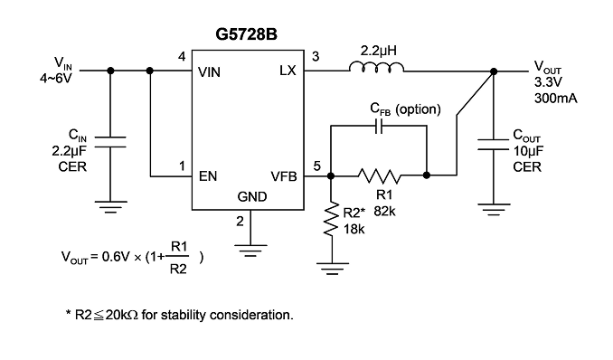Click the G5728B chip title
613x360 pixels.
[246, 34]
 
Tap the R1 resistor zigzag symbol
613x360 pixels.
[379, 175]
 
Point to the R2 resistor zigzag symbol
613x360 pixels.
[331, 219]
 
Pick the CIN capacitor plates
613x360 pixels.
[110, 142]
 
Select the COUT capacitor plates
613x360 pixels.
[494, 144]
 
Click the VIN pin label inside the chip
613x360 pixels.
[209, 72]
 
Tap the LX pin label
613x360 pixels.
[288, 71]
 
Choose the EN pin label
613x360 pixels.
[208, 176]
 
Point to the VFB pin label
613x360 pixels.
[284, 176]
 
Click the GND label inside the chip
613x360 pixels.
[252, 196]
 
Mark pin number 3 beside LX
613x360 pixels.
[316, 57]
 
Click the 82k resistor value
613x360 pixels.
[384, 212]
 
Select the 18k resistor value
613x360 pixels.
[354, 229]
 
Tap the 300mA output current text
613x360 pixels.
[555, 98]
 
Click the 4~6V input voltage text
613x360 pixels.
[56, 79]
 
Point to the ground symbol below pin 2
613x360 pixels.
[250, 251]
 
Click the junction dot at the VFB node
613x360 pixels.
[331, 176]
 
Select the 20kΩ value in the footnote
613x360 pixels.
[121, 315]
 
